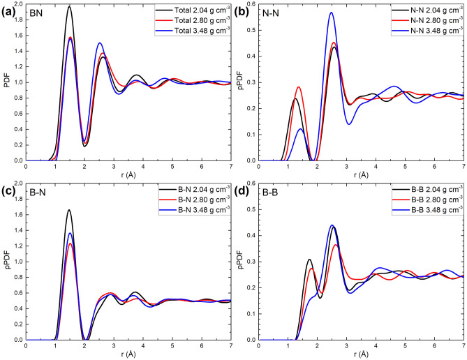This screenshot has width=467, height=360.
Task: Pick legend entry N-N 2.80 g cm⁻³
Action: pyautogui.click(x=423, y=20)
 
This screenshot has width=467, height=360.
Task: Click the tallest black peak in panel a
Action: pyautogui.click(x=69, y=7)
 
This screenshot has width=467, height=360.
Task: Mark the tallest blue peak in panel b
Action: pyautogui.click(x=331, y=13)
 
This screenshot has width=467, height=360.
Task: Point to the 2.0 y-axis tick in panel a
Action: pyautogui.click(x=18, y=4)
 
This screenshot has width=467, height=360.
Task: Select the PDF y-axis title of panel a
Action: pyautogui.click(x=6, y=82)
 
